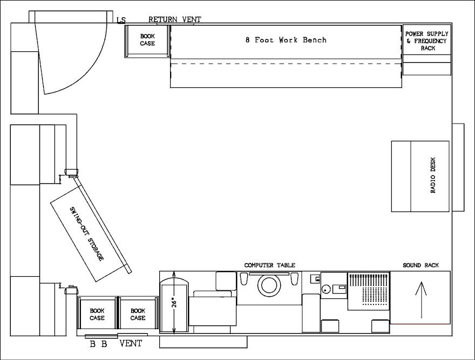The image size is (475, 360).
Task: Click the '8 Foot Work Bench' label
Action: pos(286,40)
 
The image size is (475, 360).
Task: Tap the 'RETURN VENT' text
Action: pos(175,19)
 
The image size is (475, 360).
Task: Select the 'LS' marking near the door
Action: pos(121,21)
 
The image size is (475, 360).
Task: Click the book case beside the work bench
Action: pos(147,41)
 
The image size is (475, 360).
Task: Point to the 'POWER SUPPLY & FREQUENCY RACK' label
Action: pos(427,41)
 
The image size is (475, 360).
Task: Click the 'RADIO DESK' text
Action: pos(433,175)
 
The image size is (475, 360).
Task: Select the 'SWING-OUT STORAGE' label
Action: pos(87,234)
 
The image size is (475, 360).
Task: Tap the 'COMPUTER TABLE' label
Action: pos(269,265)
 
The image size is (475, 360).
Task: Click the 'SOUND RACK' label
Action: pos(420,265)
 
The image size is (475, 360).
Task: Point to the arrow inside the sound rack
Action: pos(421,300)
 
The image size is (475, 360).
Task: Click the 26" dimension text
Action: pos(174,302)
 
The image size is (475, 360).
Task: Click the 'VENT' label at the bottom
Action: pos(131,344)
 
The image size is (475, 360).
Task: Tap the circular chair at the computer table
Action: pos(269,285)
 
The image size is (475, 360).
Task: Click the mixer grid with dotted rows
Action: pos(368,291)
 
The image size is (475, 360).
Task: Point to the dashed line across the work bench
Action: pos(286,64)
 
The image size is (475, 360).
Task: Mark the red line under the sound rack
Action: pos(420,324)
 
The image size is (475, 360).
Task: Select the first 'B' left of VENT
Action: pos(93,344)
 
